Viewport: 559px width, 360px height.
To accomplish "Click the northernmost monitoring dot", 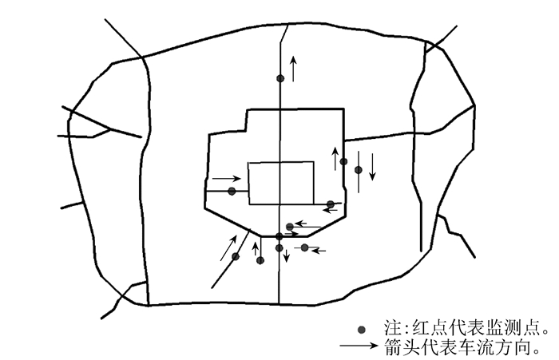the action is (279, 78).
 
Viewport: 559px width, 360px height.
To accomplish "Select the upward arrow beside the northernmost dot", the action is (293, 69).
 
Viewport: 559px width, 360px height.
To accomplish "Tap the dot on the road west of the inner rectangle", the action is (232, 191).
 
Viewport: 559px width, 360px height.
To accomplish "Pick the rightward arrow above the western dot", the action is (226, 178).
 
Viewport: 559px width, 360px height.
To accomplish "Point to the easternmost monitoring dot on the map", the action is (359, 169).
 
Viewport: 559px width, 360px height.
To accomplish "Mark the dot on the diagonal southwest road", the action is (236, 256).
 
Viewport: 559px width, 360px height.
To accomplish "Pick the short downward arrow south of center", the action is (287, 257).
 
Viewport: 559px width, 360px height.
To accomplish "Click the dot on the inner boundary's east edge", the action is (343, 161).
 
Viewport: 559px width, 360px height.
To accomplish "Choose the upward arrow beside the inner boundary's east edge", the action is (335, 157).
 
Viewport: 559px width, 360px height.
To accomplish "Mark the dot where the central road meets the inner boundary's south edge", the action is (279, 236).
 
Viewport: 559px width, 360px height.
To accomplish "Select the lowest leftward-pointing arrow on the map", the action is (318, 251).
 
